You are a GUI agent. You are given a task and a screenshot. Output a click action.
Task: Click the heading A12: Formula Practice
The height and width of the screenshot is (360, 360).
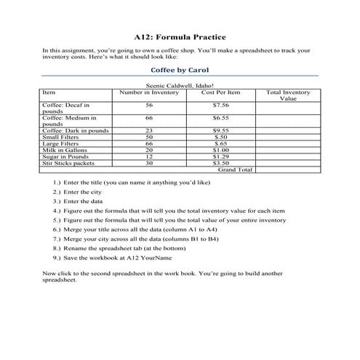(x=180, y=36)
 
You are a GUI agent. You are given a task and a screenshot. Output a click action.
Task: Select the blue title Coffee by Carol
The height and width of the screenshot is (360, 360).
(x=180, y=71)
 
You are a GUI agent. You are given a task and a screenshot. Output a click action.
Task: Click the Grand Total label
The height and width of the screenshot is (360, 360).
(x=235, y=169)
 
